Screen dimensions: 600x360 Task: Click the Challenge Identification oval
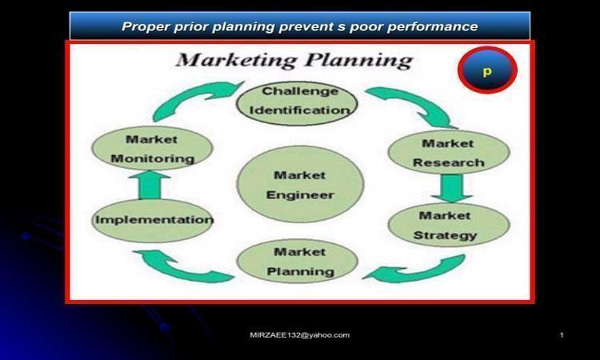[x=297, y=103]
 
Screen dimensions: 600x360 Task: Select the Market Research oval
[x=449, y=152]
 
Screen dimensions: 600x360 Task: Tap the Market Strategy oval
[x=449, y=225]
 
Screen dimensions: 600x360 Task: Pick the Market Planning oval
[x=298, y=262]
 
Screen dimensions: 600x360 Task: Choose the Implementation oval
[x=153, y=220]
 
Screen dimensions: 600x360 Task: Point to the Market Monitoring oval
[x=152, y=149]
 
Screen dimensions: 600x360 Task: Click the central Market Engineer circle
[x=300, y=184]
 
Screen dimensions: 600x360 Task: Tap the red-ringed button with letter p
[x=487, y=70]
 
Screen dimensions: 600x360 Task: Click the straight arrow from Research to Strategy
[x=452, y=188]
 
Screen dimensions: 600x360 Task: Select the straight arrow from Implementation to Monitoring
[x=150, y=185]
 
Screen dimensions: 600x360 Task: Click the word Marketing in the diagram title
[x=236, y=62]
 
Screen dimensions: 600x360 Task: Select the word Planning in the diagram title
[x=359, y=62]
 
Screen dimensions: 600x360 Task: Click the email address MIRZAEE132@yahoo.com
[x=300, y=335]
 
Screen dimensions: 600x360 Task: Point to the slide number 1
[x=562, y=335]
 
